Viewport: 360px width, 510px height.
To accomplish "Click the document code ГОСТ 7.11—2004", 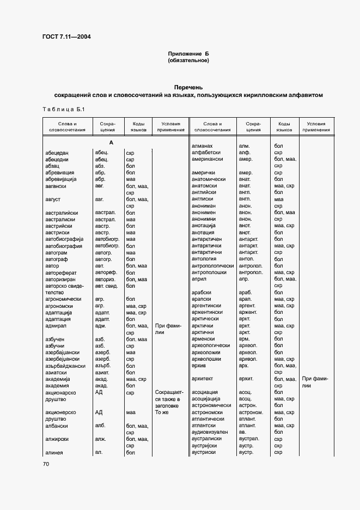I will pos(66,37).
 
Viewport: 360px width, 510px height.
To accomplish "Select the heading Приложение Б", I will pos(188,53).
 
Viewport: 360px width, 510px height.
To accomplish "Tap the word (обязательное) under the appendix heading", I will pos(188,60).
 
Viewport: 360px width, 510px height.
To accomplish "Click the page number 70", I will pos(46,464).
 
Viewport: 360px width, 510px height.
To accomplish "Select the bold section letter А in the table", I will pos(111,143).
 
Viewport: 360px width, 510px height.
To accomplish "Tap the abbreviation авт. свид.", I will pos(107,286).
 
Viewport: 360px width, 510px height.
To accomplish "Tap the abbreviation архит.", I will pos(247,379).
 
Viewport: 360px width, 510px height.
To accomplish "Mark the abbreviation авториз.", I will pos(107,279).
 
